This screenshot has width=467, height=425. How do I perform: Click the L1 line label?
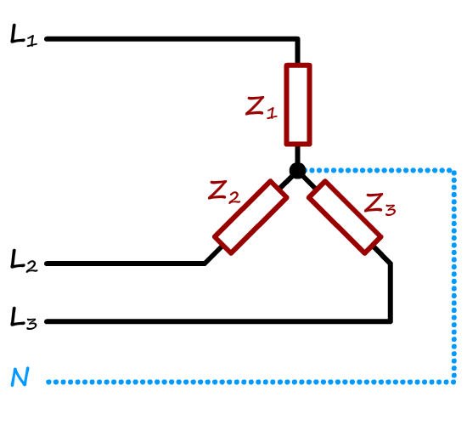coord(24,36)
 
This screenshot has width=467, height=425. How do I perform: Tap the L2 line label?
coord(24,260)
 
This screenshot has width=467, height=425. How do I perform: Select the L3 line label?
coord(23,318)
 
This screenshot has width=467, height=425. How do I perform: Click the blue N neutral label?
coord(20,377)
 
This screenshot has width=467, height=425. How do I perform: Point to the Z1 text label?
coord(262,107)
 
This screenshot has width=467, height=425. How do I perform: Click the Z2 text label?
coord(224,192)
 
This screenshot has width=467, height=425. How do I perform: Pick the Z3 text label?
coord(380,205)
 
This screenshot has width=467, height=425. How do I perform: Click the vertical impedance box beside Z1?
coord(298,105)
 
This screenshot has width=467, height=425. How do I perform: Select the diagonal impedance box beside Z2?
coord(250,217)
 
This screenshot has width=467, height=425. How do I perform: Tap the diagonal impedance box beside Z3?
coord(345,217)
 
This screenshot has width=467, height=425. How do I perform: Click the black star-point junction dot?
coord(297,171)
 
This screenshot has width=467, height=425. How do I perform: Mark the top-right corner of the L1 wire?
coord(297,39)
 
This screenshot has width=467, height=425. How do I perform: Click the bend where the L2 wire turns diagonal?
coord(205,263)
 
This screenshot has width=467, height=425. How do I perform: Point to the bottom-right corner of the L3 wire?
coord(391,321)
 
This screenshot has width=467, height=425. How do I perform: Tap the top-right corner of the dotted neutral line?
coord(454,171)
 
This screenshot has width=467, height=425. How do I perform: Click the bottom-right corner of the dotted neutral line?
coord(454,382)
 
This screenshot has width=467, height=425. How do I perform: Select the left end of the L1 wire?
coord(47,39)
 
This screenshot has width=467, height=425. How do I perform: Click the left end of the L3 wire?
coord(47,321)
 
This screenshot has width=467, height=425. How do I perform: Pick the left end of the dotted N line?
coord(48,382)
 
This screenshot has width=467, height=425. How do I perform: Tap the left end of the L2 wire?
coord(47,263)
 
